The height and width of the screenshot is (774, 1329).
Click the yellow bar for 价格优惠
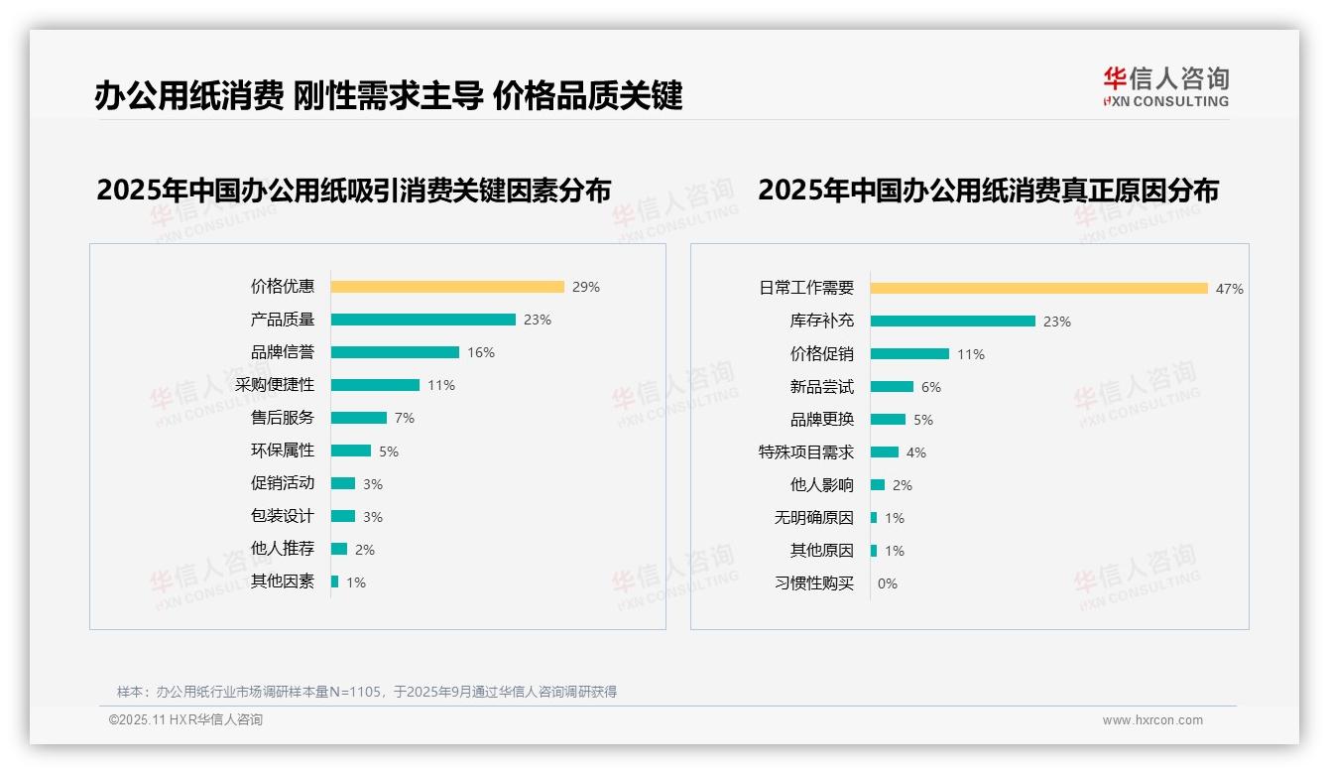click(x=447, y=287)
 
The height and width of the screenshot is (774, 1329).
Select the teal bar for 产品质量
click(x=423, y=320)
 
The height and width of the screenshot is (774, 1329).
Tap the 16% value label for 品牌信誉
click(x=481, y=352)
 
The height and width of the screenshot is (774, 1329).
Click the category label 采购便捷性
click(x=275, y=385)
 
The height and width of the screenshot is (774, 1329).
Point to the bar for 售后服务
click(x=359, y=418)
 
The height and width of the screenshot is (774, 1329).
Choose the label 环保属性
click(x=283, y=451)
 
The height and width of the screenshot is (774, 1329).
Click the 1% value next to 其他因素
click(x=356, y=582)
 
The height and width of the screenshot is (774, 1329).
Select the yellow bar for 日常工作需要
click(x=1038, y=289)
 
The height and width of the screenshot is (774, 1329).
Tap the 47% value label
click(x=1230, y=289)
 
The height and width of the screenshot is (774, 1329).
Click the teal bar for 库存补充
click(x=953, y=322)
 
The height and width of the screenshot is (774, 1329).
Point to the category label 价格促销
click(x=822, y=354)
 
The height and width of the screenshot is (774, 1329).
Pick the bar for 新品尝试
click(x=893, y=387)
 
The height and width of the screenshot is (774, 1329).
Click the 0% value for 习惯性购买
click(x=888, y=583)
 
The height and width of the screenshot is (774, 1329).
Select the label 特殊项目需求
click(x=806, y=452)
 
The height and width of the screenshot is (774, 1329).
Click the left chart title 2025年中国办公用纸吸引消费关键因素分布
click(x=354, y=190)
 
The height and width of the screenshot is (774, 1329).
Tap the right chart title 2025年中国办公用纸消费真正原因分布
click(x=989, y=190)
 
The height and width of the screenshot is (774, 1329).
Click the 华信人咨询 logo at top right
click(x=1165, y=86)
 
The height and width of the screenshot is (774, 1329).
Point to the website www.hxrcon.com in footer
click(x=1152, y=720)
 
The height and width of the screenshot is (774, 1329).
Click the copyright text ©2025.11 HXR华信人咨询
click(x=185, y=720)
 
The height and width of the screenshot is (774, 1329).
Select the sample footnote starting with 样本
click(x=367, y=692)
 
